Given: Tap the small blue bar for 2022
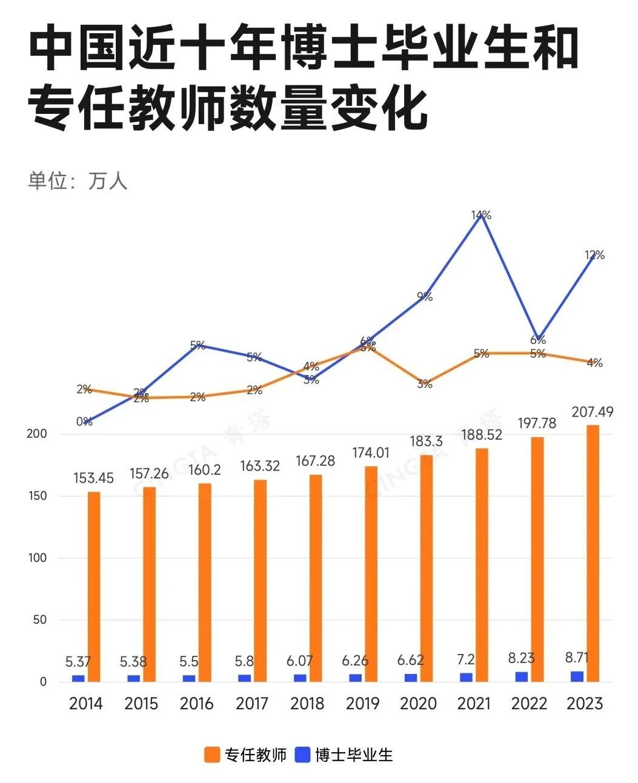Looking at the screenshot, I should tap(522, 676).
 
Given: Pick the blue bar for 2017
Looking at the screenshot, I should tap(244, 678).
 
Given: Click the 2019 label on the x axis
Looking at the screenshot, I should tap(362, 703).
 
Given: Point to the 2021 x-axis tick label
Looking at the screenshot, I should tap(474, 703).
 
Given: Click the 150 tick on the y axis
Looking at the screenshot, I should tap(38, 496).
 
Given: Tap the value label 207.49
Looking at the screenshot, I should tap(592, 412).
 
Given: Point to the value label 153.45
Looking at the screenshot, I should tap(94, 478).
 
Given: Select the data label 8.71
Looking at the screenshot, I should tap(576, 658).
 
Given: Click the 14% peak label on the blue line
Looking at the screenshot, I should tap(482, 215).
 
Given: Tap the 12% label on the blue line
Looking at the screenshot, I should tap(595, 255).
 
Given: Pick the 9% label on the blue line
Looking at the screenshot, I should tap(425, 297).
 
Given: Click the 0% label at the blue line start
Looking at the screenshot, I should tap(84, 421).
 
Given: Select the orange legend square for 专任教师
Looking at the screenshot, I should tap(212, 755).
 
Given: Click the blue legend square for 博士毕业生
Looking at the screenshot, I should tap(303, 755).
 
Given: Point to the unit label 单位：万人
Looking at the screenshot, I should tap(78, 181).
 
